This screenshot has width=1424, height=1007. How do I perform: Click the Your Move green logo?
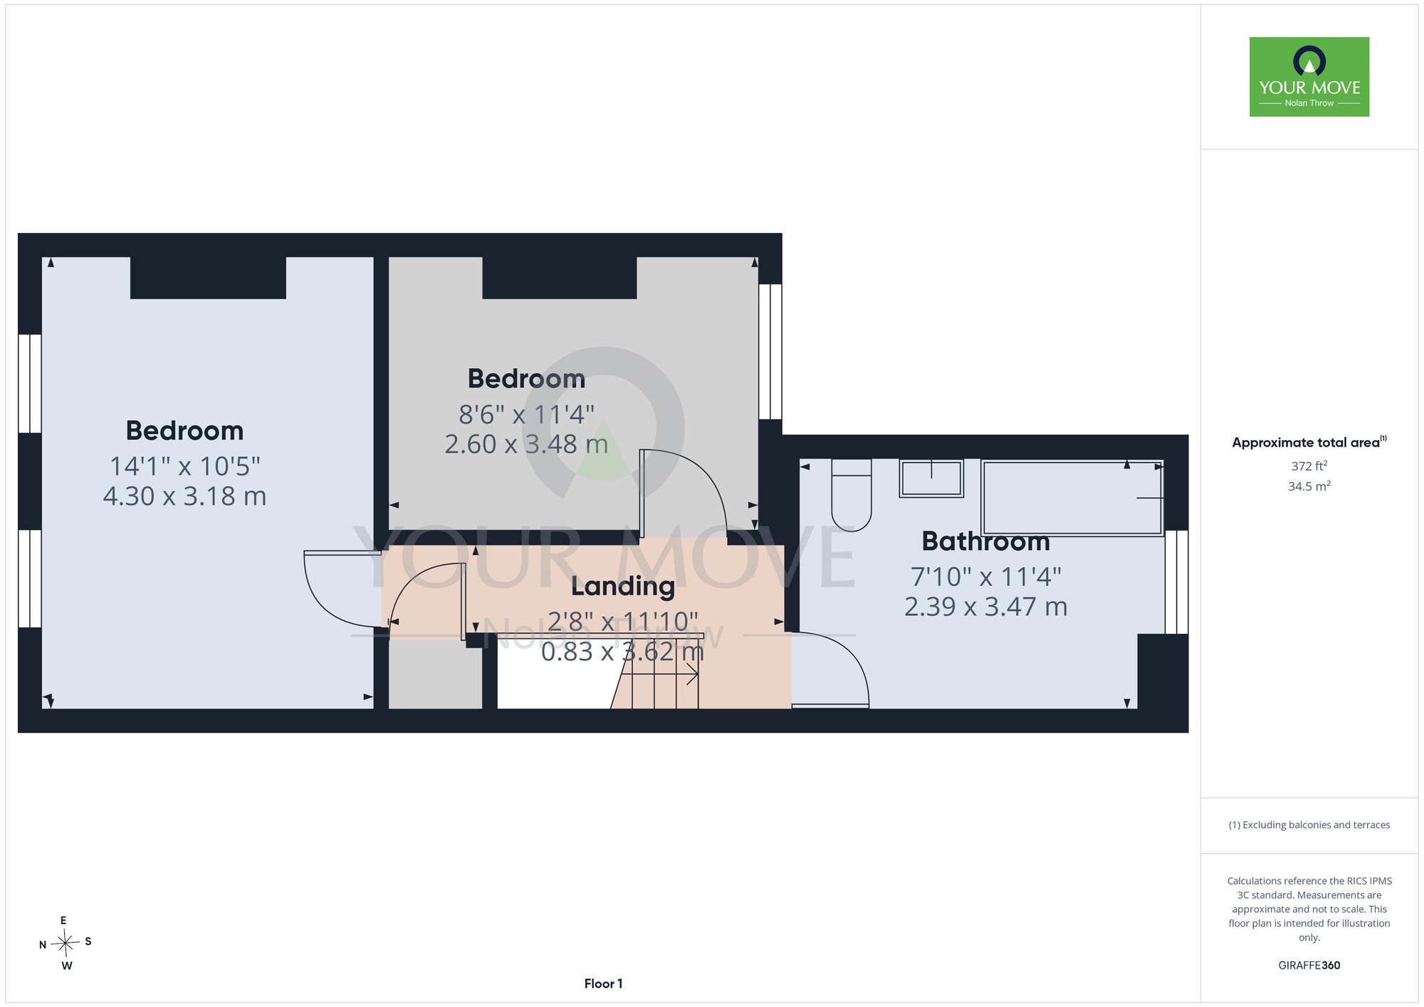tap(1309, 77)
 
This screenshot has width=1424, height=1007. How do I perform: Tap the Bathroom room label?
tap(985, 542)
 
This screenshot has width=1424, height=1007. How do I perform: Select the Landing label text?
tap(623, 587)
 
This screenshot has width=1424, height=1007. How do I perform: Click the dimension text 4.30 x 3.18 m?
tap(185, 496)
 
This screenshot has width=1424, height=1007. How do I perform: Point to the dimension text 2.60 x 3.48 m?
tap(526, 444)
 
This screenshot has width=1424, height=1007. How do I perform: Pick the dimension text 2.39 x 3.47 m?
tap(986, 607)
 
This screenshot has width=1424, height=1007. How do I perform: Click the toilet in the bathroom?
tap(852, 495)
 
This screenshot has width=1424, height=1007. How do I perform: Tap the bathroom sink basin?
tap(931, 478)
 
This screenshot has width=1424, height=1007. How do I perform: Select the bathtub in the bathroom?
tap(1072, 498)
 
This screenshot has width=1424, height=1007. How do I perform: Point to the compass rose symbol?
tap(65, 944)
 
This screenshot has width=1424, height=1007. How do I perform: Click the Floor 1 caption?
tap(604, 983)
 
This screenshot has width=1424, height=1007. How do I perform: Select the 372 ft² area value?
tap(1309, 466)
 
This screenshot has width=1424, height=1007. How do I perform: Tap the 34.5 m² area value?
tap(1309, 486)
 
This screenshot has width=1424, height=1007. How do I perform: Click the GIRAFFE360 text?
tap(1309, 966)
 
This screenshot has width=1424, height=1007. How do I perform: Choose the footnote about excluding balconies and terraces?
tap(1309, 825)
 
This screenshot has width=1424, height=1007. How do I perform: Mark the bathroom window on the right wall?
tap(1176, 582)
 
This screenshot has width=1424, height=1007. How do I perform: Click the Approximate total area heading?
tap(1309, 442)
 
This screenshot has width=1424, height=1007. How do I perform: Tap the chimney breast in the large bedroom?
tap(208, 278)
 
